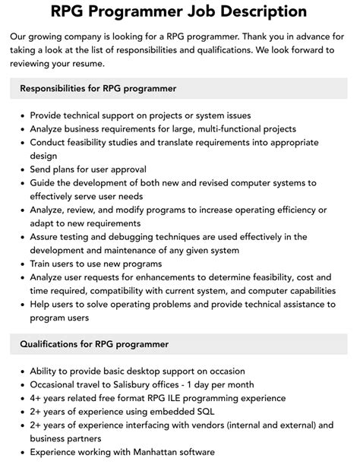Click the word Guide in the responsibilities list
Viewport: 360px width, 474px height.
pos(43,183)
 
